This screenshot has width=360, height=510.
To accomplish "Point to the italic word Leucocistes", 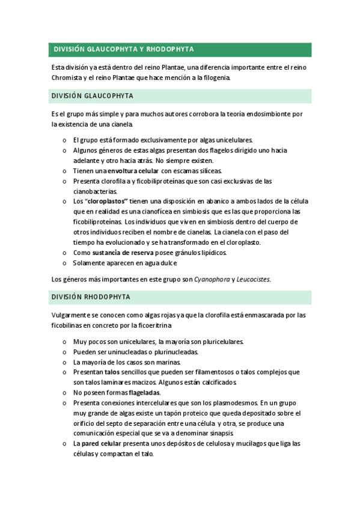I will [x=254, y=279].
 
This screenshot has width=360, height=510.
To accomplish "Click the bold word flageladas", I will [x=144, y=392].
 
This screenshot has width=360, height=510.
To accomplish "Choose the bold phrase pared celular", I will [x=102, y=443].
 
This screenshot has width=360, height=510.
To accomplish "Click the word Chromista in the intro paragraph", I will [x=70, y=78].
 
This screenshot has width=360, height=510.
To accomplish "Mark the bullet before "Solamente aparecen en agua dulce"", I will [x=64, y=263].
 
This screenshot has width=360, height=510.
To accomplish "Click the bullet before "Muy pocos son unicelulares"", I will [x=64, y=342].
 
